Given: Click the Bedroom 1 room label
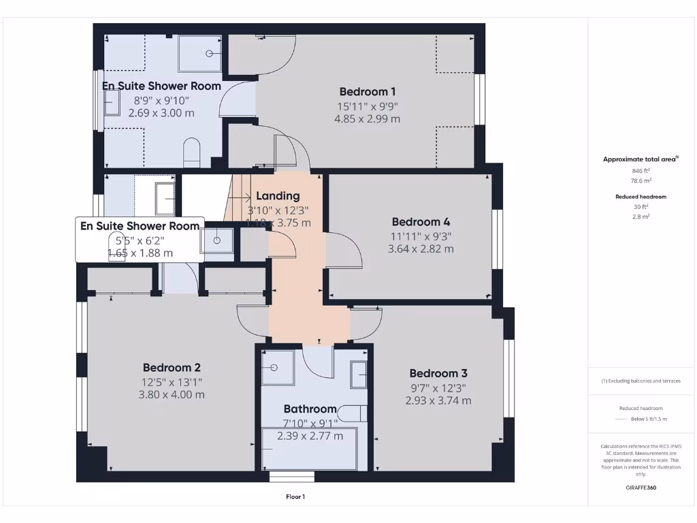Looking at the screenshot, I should coord(367,91).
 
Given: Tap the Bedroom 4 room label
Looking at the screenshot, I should coord(421,221).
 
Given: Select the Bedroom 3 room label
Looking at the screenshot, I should coord(438,373).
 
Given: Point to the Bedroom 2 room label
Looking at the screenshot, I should coord(172,368).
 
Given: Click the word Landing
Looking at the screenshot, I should coord(278,196).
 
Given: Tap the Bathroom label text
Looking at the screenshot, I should coord(310,409).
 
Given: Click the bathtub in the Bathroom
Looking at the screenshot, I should coord(310,449).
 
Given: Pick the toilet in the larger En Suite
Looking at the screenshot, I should coord(192,153).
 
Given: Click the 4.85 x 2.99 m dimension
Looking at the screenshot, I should coord(367,118).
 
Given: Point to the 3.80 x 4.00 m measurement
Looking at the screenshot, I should coord(172,394).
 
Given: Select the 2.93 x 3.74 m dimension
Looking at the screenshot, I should coord(438,400).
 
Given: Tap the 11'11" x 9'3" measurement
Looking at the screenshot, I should coord(421,236).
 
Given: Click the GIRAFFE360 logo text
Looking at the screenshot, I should coord(641,488).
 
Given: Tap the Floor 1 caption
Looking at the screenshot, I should coord(295,497).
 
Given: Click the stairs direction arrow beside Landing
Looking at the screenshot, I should coord(240,197).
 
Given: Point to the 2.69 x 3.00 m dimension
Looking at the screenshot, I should coord(161,113).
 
